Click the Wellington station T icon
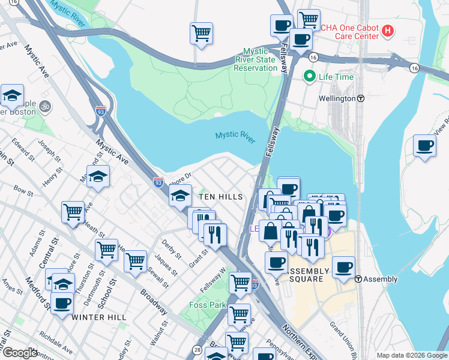pyautogui.click(x=361, y=98)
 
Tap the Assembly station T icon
pyautogui.click(x=358, y=279)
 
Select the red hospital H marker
pyautogui.click(x=388, y=30)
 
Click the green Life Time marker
pyautogui.click(x=310, y=76)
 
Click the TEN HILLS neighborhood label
pyautogui.click(x=221, y=197)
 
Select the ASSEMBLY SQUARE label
pyautogui.click(x=310, y=275)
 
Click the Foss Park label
pyautogui.click(x=208, y=305)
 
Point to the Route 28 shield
pyautogui.click(x=197, y=350)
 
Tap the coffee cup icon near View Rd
pyautogui.click(x=425, y=146)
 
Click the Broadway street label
pyautogui.click(x=154, y=301)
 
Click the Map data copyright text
pyautogui.click(x=412, y=355)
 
